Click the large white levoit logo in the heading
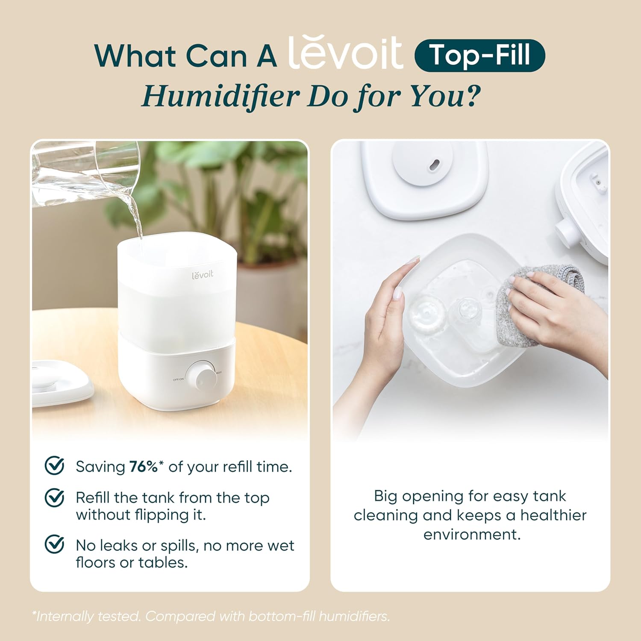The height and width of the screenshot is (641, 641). pos(345,53)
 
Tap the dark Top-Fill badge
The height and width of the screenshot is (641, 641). pos(479,56)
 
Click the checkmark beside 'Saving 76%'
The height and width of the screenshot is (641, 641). pos(55,466)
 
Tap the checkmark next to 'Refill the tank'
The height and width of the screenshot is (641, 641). pos(55,498)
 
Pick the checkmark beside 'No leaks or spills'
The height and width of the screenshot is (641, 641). pos(55,544)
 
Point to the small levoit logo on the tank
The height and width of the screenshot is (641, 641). pos(202,274)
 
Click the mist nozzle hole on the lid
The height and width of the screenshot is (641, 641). pos(434,165)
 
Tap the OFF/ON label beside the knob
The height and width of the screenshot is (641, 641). pos(178,379)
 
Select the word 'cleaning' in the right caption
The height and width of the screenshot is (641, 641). pos(385,515)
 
